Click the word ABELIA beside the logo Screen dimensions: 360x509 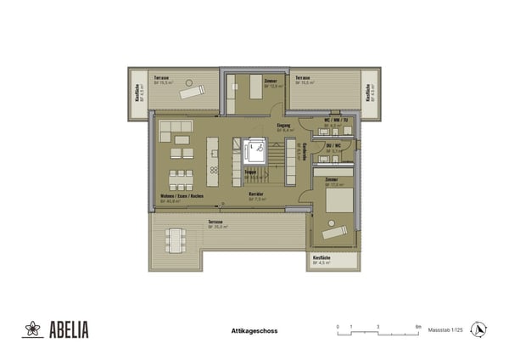point(68,329)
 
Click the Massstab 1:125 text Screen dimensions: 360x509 point(445,329)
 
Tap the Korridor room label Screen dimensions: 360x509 point(254,196)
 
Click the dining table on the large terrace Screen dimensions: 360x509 point(176,240)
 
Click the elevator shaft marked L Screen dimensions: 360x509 point(253,151)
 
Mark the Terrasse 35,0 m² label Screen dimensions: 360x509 point(218,223)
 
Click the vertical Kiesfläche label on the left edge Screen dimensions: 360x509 point(138,93)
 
